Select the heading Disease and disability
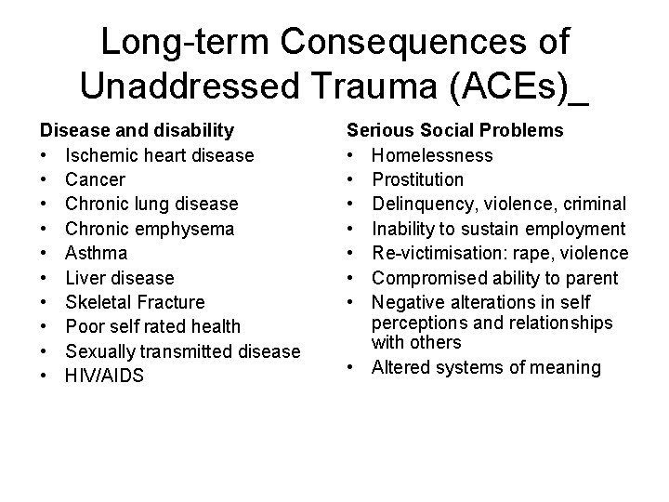136,130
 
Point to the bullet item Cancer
95,179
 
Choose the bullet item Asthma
97,253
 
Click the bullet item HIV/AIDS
104,376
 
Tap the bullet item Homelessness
432,155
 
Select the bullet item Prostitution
419,179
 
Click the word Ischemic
100,155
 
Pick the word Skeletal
99,302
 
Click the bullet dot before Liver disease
45,278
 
